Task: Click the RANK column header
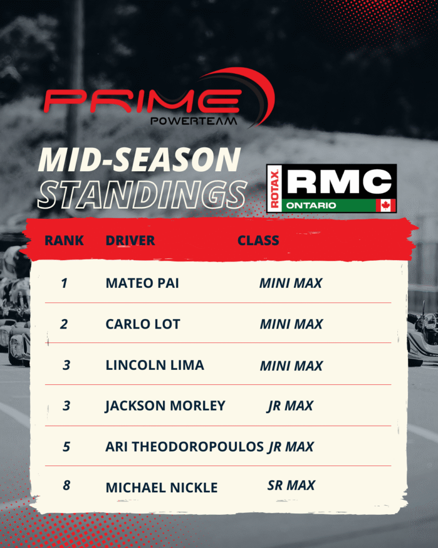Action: click(64, 240)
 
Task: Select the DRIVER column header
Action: click(130, 240)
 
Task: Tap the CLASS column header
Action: click(258, 240)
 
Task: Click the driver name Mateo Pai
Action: click(142, 283)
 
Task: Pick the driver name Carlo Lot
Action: click(143, 324)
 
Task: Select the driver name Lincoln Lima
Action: click(155, 365)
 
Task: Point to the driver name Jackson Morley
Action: click(165, 406)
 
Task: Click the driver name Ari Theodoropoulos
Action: click(185, 447)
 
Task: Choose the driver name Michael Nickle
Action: click(162, 488)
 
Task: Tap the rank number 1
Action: click(64, 283)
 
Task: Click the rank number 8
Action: click(66, 485)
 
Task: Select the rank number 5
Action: click(66, 447)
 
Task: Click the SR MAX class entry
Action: click(291, 485)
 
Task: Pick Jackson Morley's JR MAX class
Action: click(290, 406)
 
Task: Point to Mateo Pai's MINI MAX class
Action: click(290, 283)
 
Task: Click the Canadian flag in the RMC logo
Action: click(386, 205)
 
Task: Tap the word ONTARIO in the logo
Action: click(311, 205)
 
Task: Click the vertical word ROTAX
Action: click(275, 189)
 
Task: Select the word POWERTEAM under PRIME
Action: click(194, 121)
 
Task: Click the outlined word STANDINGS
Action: click(142, 195)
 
